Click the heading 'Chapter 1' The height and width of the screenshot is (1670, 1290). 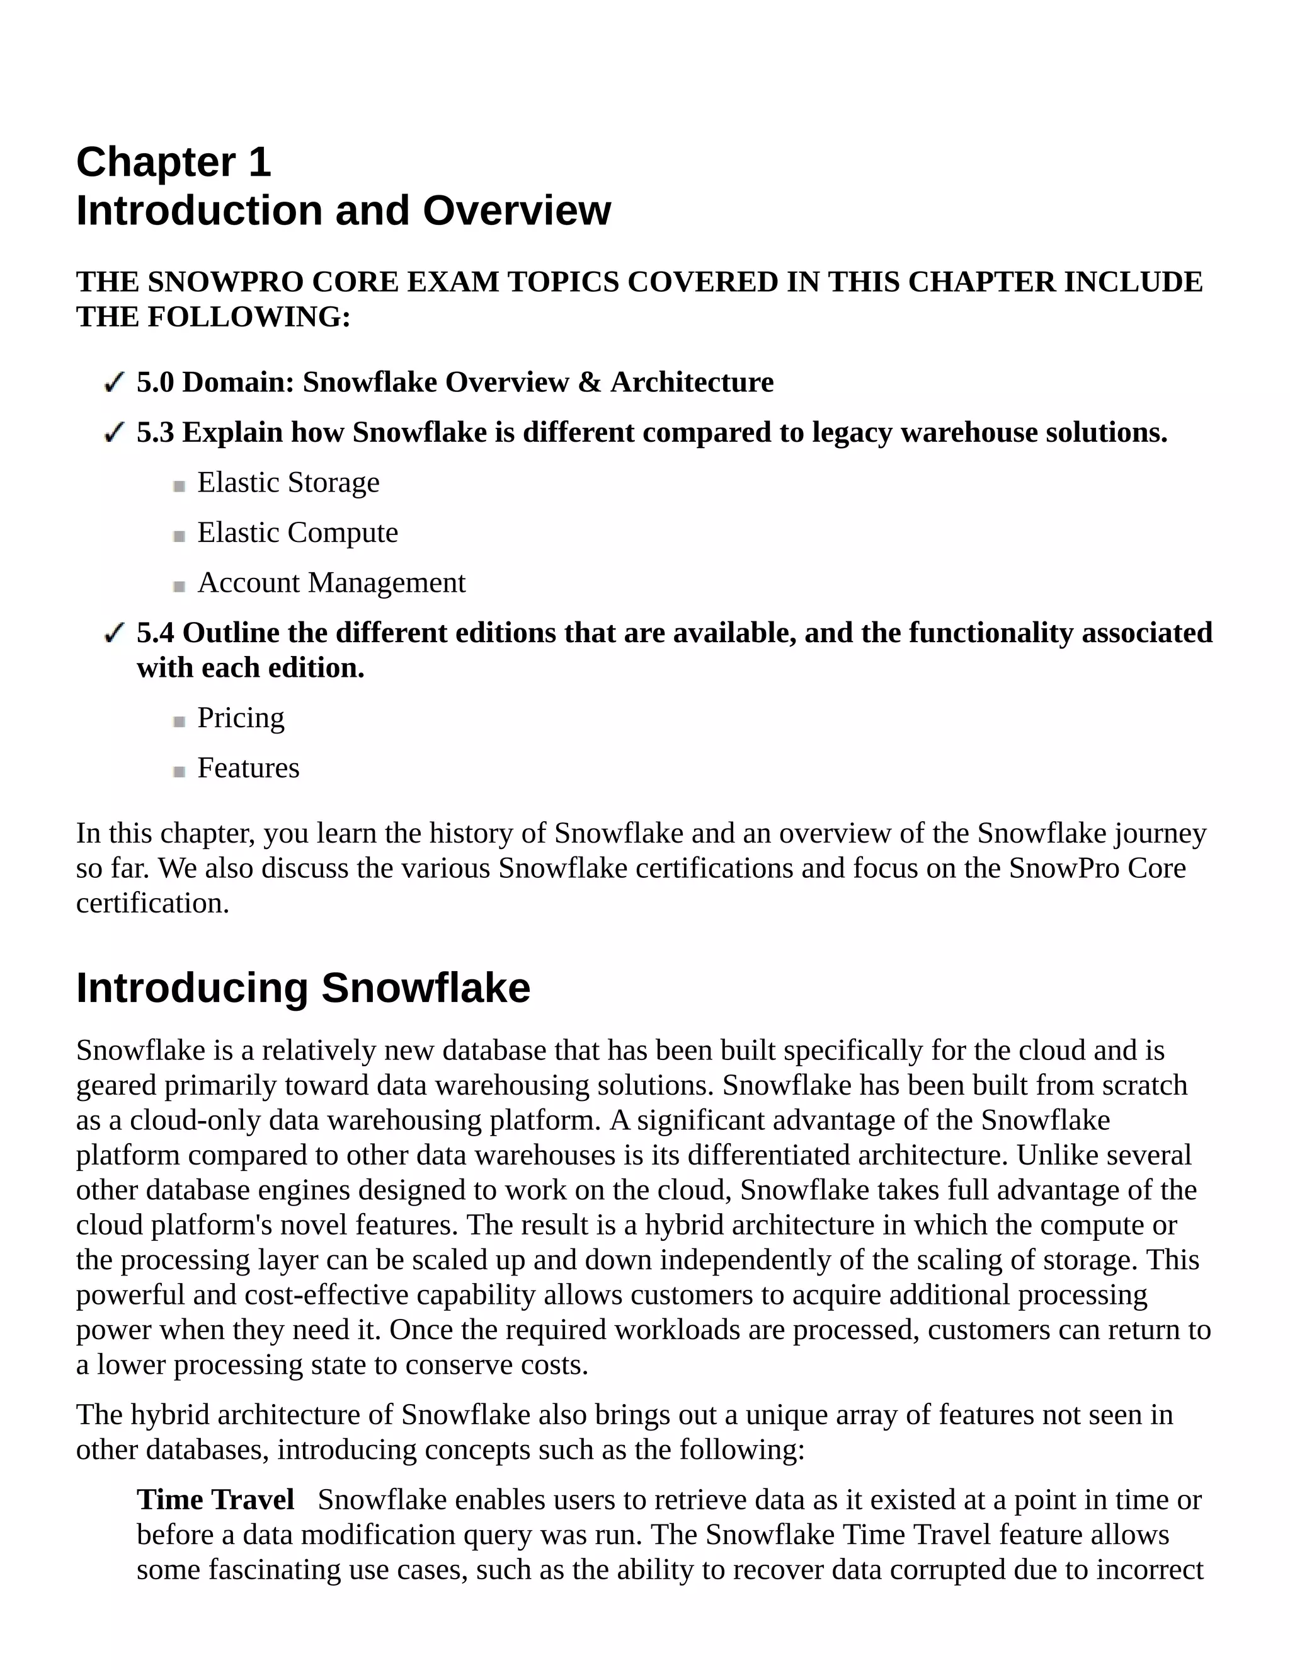coord(173,162)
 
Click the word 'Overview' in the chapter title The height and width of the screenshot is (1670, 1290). coord(517,210)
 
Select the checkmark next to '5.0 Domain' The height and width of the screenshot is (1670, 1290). coord(114,383)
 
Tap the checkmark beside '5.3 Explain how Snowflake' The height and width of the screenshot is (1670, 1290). coord(114,433)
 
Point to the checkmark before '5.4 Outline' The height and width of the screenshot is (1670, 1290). coord(114,633)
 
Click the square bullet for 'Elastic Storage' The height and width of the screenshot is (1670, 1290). coord(180,485)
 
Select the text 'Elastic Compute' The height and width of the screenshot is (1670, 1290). coord(297,533)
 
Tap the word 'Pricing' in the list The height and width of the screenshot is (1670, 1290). coord(241,717)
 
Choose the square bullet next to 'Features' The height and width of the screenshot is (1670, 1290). coord(180,771)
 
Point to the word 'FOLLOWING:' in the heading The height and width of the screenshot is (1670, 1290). coord(248,316)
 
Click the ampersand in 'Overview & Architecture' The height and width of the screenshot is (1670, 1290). coord(589,383)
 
